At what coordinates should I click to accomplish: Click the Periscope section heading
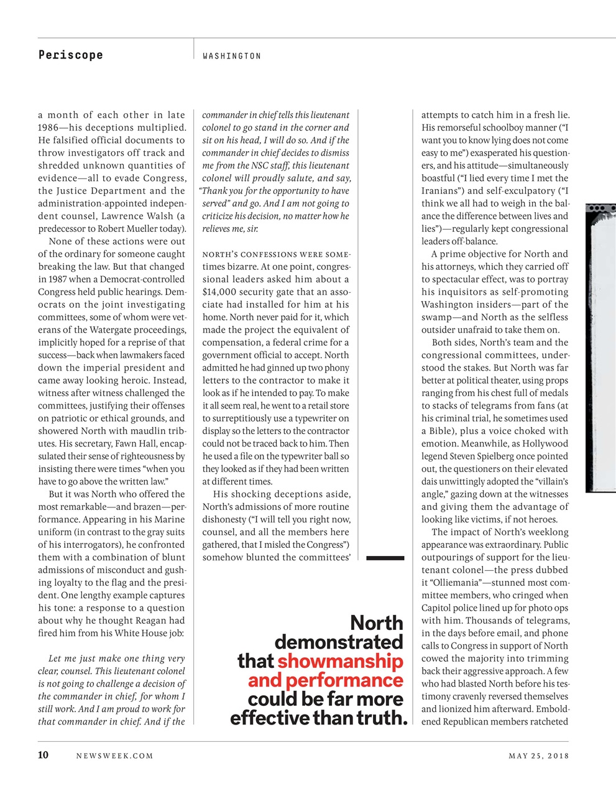pos(70,55)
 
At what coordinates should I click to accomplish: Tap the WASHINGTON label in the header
pos(232,56)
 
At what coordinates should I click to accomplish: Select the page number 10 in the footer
pos(44,756)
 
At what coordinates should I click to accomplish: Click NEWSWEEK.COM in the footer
pos(114,756)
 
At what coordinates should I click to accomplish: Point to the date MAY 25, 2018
pos(538,756)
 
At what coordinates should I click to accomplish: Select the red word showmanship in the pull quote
pos(340,661)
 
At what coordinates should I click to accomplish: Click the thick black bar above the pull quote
pos(385,558)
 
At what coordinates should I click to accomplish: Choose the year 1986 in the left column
pos(50,127)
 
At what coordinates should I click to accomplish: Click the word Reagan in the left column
pos(149,621)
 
